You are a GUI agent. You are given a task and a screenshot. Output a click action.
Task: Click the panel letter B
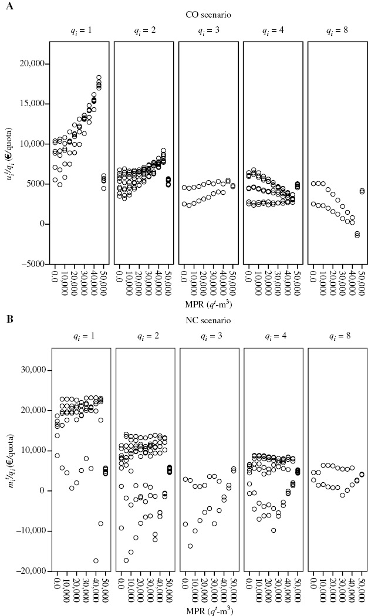point(9,320)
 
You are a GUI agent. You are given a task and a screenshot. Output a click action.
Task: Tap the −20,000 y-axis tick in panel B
point(29,571)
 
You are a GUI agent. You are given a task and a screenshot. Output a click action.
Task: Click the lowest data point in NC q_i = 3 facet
point(190,546)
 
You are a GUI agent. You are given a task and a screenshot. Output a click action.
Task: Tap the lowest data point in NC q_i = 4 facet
point(274,530)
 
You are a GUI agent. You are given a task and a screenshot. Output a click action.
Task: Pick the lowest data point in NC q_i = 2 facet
point(126,560)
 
